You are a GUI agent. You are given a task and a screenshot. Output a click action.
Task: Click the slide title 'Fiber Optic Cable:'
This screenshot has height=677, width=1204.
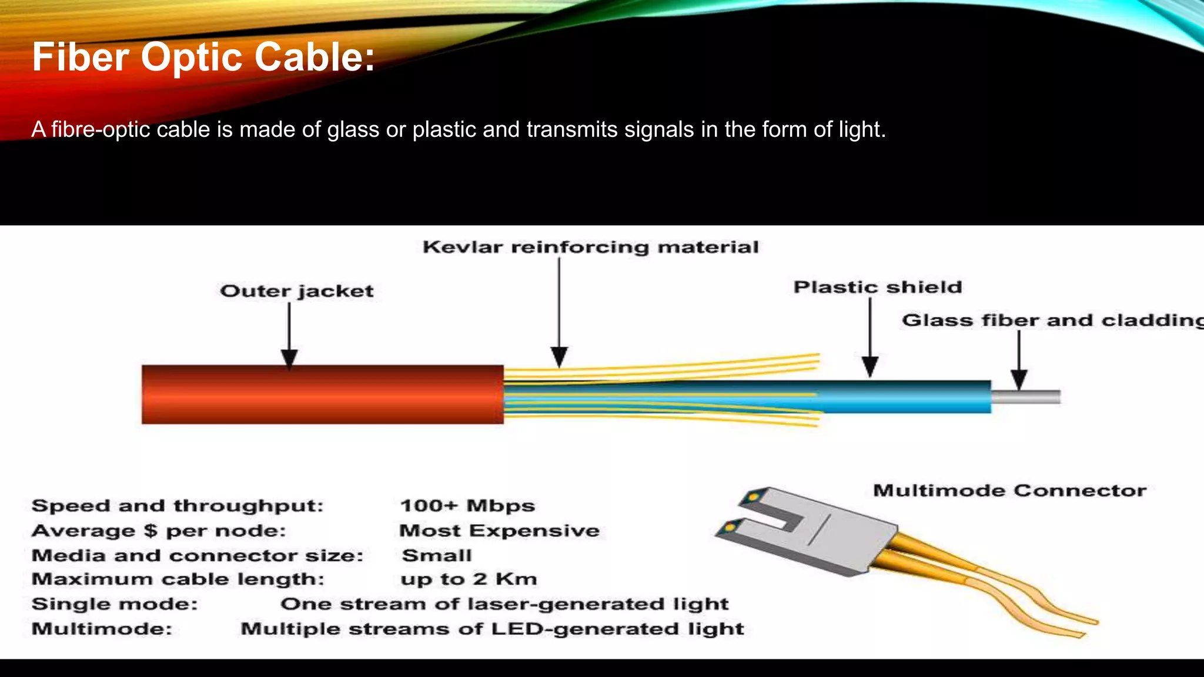click(x=203, y=57)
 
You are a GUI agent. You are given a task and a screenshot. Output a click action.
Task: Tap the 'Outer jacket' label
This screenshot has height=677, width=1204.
click(x=296, y=291)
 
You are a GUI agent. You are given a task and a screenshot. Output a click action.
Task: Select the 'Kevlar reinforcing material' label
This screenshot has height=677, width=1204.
click(x=590, y=247)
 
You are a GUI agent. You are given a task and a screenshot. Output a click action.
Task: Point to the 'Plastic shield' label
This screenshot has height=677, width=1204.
click(x=878, y=287)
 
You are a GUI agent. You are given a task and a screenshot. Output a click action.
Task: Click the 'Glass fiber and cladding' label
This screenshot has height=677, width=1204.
click(x=1052, y=320)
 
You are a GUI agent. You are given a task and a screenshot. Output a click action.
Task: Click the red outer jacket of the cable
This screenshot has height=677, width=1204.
click(x=322, y=394)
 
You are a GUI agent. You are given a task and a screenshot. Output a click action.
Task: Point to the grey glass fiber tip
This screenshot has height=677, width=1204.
click(x=1026, y=397)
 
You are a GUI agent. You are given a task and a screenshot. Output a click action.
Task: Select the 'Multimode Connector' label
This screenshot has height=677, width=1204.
click(x=1009, y=490)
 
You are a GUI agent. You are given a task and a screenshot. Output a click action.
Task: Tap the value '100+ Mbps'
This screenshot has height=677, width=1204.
click(x=467, y=505)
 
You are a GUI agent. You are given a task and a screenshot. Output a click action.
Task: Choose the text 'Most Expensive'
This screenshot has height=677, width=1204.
click(x=499, y=530)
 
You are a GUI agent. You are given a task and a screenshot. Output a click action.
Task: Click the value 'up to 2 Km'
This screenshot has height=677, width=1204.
click(x=469, y=579)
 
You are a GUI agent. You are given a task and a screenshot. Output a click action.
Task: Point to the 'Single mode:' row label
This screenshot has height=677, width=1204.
click(x=115, y=604)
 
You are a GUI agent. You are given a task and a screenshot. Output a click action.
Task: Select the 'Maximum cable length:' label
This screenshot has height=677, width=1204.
click(x=178, y=579)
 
